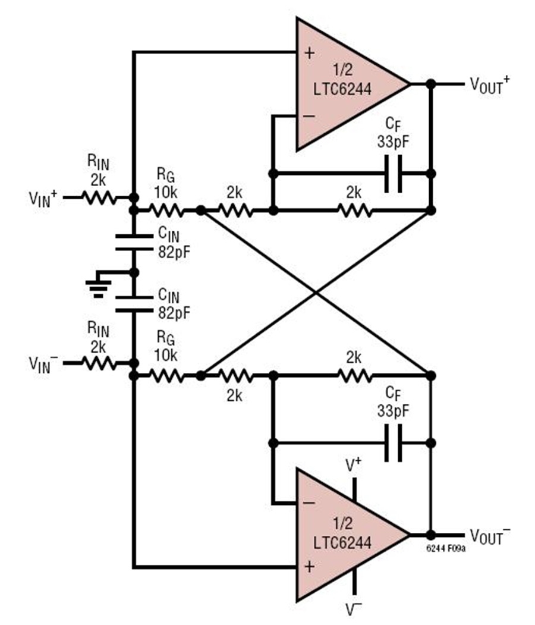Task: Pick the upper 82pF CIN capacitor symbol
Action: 134,241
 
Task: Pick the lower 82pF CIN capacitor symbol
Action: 134,303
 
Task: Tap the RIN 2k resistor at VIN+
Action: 100,197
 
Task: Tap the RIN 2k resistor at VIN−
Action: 100,362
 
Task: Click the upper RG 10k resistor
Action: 166,210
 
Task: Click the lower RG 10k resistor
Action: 166,375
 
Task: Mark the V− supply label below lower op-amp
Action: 355,610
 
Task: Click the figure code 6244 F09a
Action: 445,548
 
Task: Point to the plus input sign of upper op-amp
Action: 309,53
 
